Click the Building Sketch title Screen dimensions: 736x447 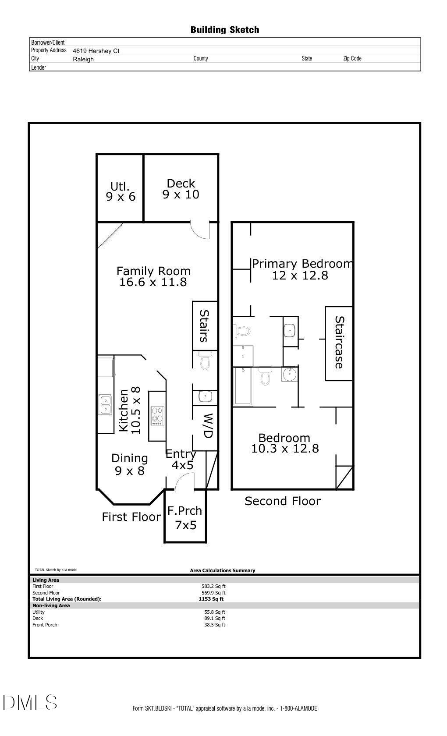click(x=224, y=30)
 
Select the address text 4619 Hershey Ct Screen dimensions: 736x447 click(x=96, y=51)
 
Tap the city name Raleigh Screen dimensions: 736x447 click(x=83, y=59)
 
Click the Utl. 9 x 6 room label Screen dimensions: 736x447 click(x=121, y=192)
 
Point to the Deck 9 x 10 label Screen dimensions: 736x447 click(x=181, y=189)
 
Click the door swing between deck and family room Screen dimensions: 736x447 click(x=201, y=230)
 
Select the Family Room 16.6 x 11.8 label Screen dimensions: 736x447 click(x=153, y=276)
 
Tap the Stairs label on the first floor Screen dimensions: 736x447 click(x=204, y=326)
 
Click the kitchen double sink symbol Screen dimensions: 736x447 click(x=105, y=405)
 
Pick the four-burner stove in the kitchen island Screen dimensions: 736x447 click(x=157, y=416)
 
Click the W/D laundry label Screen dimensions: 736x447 click(x=208, y=425)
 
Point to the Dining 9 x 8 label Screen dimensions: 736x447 click(x=129, y=464)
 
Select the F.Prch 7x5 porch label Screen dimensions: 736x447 click(x=185, y=517)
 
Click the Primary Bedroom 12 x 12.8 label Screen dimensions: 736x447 click(x=301, y=269)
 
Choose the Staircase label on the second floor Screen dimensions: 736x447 click(x=339, y=343)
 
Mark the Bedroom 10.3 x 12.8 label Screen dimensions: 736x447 click(x=285, y=443)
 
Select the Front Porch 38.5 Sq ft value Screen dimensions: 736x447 click(x=214, y=625)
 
